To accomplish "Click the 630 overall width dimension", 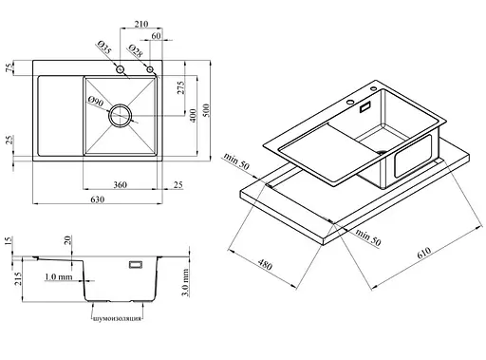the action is click(98, 199).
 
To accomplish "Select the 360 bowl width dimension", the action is click(121, 184).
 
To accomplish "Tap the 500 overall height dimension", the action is click(206, 110).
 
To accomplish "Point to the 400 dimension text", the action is click(194, 115).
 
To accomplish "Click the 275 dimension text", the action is click(180, 87).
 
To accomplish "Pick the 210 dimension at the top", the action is click(141, 24).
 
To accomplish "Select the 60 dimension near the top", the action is click(156, 36).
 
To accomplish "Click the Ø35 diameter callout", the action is click(104, 47).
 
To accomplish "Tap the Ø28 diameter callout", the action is click(136, 51).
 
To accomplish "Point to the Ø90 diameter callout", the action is click(96, 102).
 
